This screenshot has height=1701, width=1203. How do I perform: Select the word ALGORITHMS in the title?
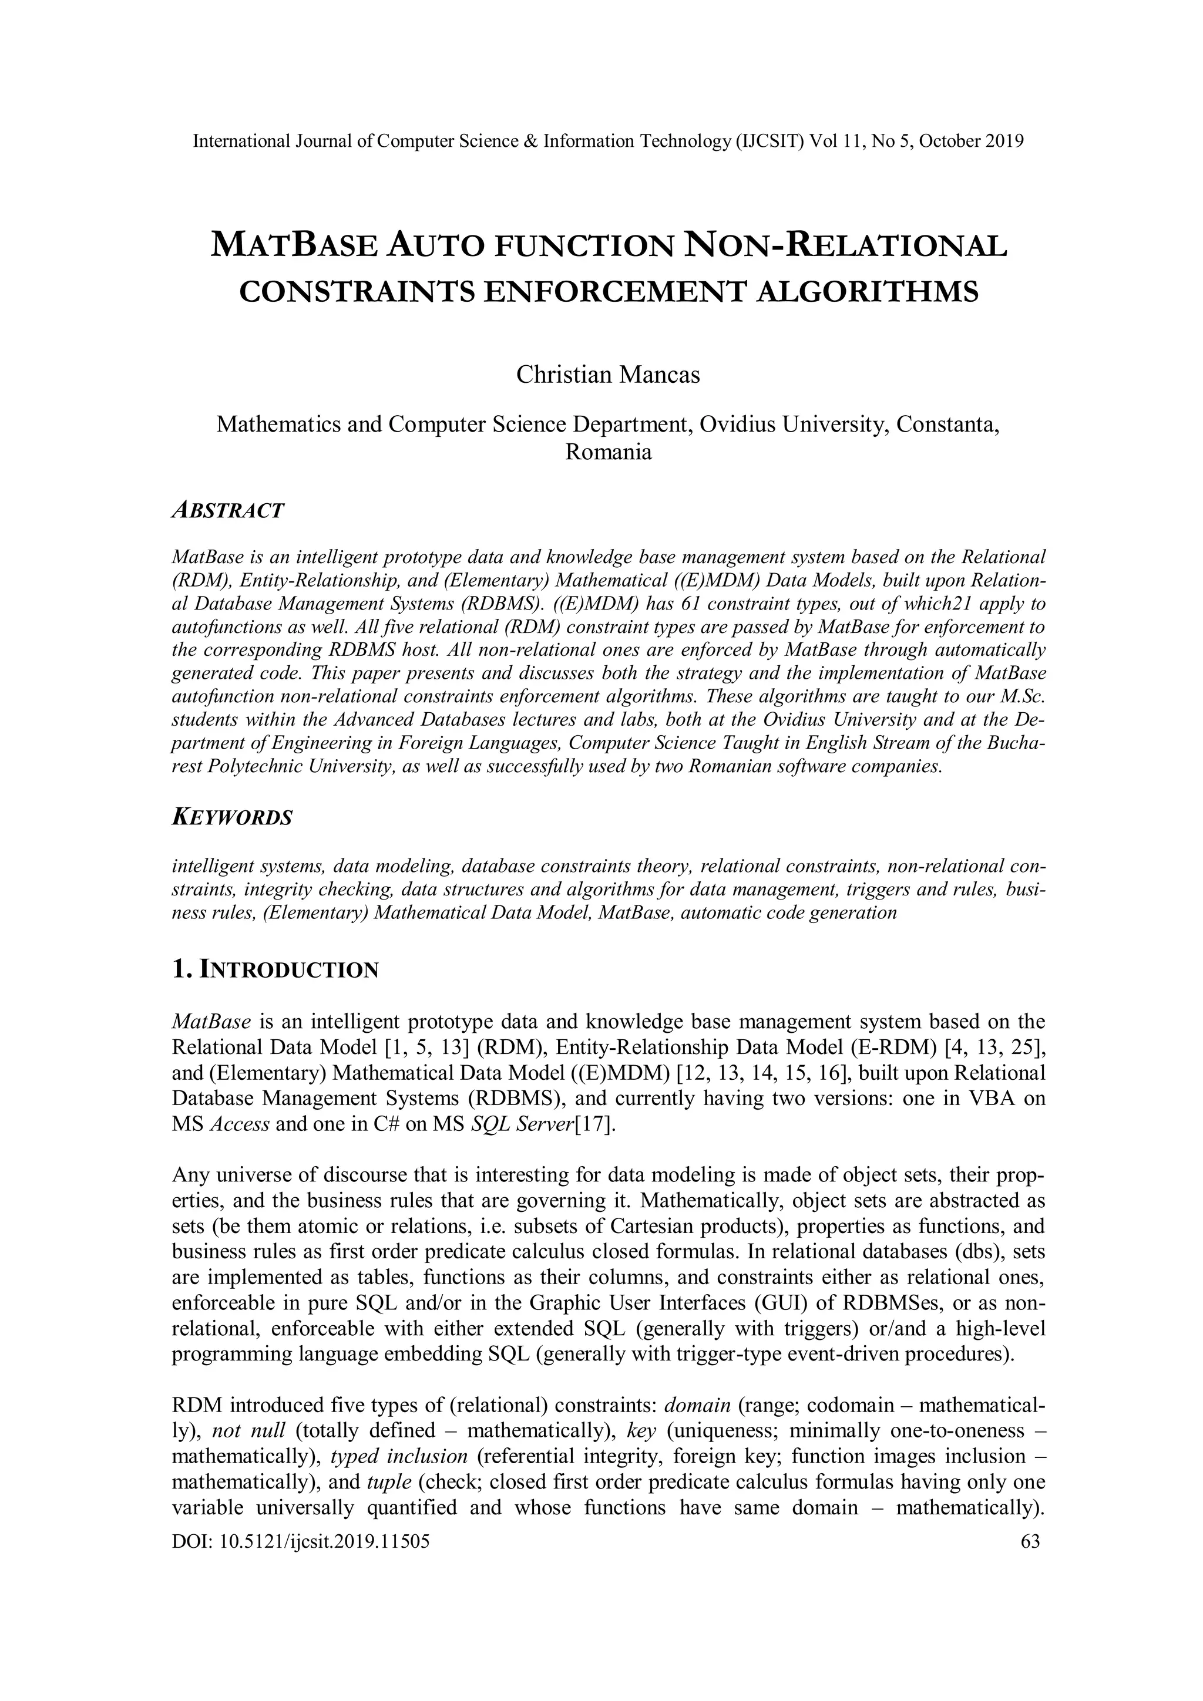866,292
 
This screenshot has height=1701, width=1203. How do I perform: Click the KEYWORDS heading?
232,818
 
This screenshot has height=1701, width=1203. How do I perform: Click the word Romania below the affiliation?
608,452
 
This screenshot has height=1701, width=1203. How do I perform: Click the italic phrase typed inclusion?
399,1457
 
